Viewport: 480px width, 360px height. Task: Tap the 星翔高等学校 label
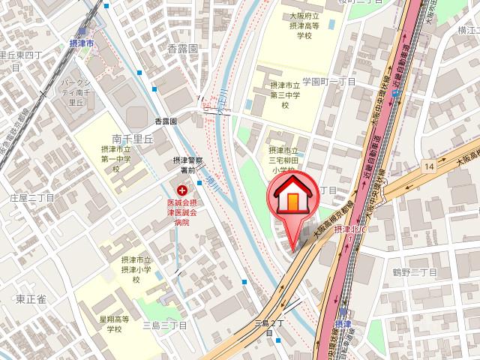(114, 324)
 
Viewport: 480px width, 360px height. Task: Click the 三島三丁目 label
(164, 325)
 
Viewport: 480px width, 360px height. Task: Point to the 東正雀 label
(31, 299)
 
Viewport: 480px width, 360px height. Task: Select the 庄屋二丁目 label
(32, 197)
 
